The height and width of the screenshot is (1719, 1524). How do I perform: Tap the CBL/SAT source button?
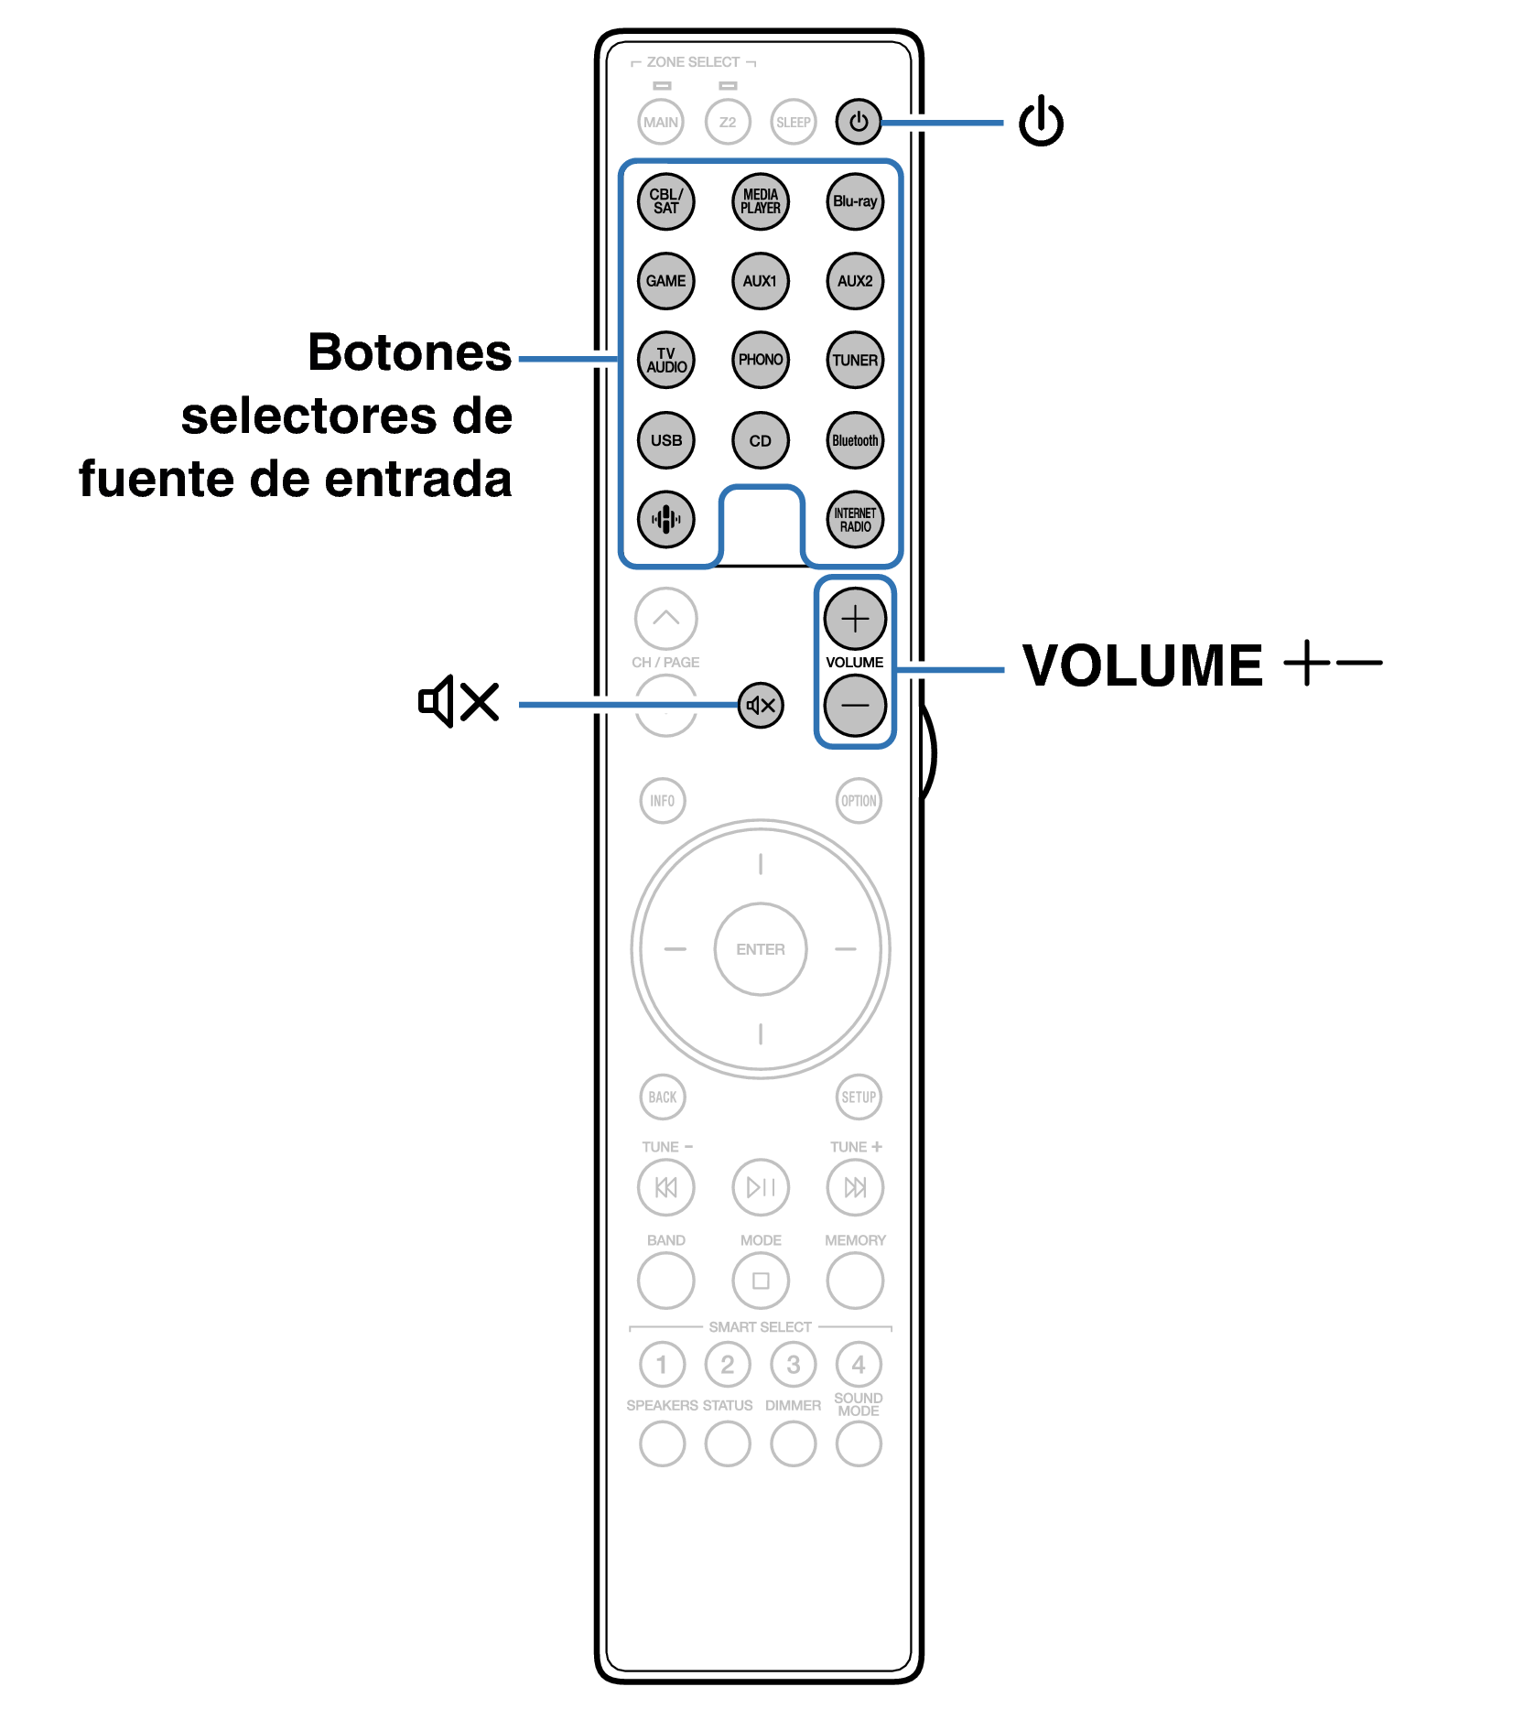coord(665,201)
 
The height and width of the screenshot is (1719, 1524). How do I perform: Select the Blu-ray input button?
coord(855,201)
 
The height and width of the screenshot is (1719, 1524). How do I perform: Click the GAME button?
coord(665,281)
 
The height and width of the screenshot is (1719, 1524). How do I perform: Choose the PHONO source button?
coord(761,360)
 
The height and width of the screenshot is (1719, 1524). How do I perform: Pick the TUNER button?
coord(855,360)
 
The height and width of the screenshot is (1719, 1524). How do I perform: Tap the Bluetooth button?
coord(855,440)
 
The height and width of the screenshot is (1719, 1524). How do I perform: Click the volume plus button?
coord(855,619)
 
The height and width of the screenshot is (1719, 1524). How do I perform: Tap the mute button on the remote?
coord(761,705)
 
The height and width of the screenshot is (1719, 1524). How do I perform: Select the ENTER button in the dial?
coord(761,949)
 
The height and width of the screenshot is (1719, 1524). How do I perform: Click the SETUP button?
coord(859,1097)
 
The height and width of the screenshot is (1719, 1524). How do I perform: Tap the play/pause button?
coord(761,1187)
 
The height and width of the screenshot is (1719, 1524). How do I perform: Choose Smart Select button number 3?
coord(793,1365)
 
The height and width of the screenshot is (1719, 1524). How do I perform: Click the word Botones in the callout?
coord(409,352)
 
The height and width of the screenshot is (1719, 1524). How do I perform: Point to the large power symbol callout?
coord(1042,121)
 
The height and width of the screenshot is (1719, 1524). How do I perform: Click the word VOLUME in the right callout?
coord(1142,665)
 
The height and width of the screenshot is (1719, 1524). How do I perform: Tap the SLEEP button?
coord(793,122)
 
